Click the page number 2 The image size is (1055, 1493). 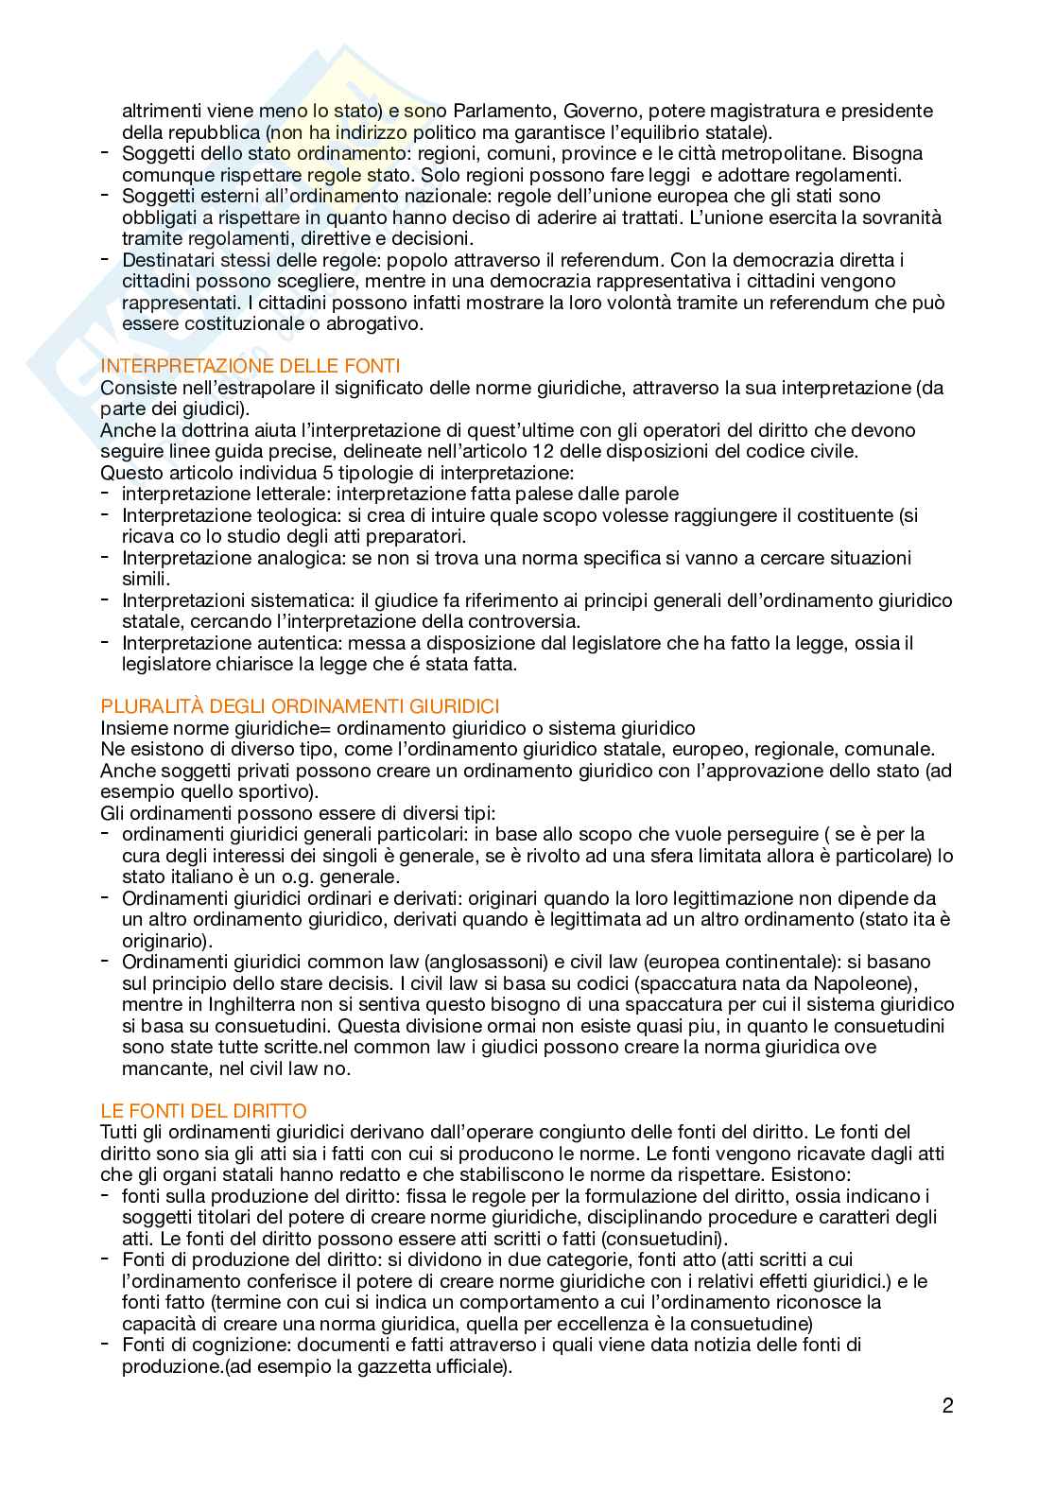pyautogui.click(x=947, y=1405)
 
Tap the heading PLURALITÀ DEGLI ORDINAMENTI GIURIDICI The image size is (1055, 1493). pyautogui.click(x=300, y=706)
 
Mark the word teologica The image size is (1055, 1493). pyautogui.click(x=284, y=515)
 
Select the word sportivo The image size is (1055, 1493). pyautogui.click(x=280, y=791)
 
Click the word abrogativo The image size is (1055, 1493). pyautogui.click(x=373, y=323)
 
